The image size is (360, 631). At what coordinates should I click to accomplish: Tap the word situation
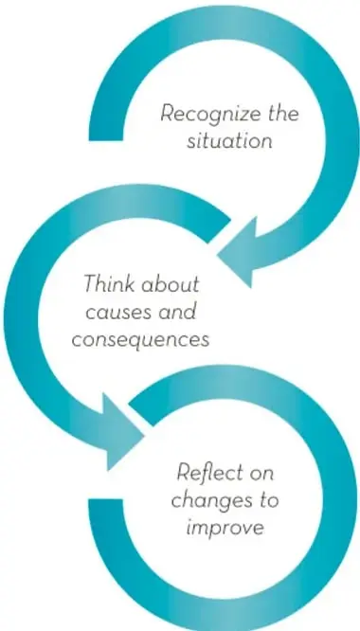coord(229,141)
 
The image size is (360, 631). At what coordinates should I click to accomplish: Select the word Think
coord(109,283)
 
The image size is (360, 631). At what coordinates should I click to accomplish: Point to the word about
coord(171,283)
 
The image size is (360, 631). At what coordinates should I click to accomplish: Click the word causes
coord(115,312)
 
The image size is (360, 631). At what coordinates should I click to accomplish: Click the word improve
coord(225,528)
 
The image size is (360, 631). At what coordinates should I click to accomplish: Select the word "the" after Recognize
coord(283,114)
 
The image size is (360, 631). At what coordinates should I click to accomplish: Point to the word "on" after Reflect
coord(261,475)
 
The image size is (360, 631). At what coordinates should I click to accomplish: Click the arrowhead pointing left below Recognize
coord(241,253)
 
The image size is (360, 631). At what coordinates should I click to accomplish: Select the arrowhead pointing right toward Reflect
coord(121,432)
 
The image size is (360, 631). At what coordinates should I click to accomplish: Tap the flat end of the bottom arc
coord(105,500)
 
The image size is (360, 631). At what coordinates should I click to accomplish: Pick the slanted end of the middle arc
coord(219,231)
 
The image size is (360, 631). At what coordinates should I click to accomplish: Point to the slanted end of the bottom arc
coord(141,414)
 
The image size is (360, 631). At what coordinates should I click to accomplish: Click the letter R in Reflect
coord(184,472)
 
